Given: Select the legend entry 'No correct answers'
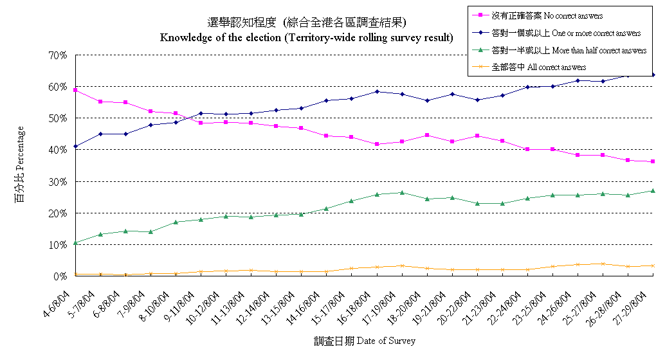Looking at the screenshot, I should click(547, 15).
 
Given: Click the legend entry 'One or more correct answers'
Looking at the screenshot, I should click(565, 33).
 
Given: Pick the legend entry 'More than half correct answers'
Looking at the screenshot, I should click(569, 50).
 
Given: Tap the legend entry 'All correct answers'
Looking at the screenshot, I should click(538, 67).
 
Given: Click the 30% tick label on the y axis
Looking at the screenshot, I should click(58, 182).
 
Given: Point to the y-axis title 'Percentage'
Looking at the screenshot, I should click(20, 165).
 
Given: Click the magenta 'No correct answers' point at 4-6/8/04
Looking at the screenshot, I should click(76, 90).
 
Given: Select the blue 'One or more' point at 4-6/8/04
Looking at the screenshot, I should click(76, 147).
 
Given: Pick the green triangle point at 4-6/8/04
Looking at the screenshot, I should click(76, 243).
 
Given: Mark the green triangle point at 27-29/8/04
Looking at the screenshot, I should click(653, 191).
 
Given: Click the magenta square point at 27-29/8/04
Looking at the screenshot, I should click(653, 161).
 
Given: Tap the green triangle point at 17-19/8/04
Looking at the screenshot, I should click(402, 192).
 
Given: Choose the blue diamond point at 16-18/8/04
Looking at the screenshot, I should click(377, 91).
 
